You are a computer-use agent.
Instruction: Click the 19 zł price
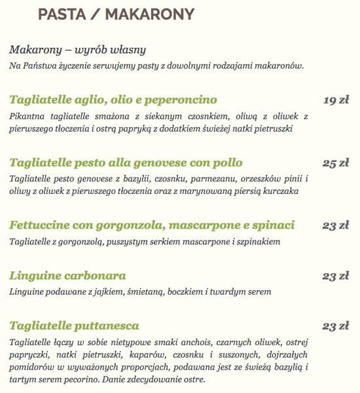point(336,100)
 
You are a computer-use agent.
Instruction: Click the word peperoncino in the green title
point(180,100)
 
